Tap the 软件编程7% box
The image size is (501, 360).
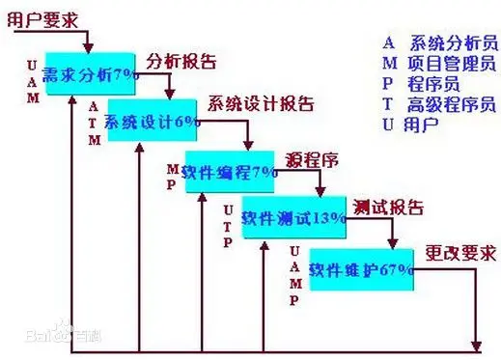click(230, 172)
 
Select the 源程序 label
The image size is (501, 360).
click(311, 157)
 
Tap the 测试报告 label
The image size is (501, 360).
click(388, 206)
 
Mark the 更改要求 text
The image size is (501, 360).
click(461, 254)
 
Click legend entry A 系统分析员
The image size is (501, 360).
click(438, 42)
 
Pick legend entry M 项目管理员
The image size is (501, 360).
click(438, 64)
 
